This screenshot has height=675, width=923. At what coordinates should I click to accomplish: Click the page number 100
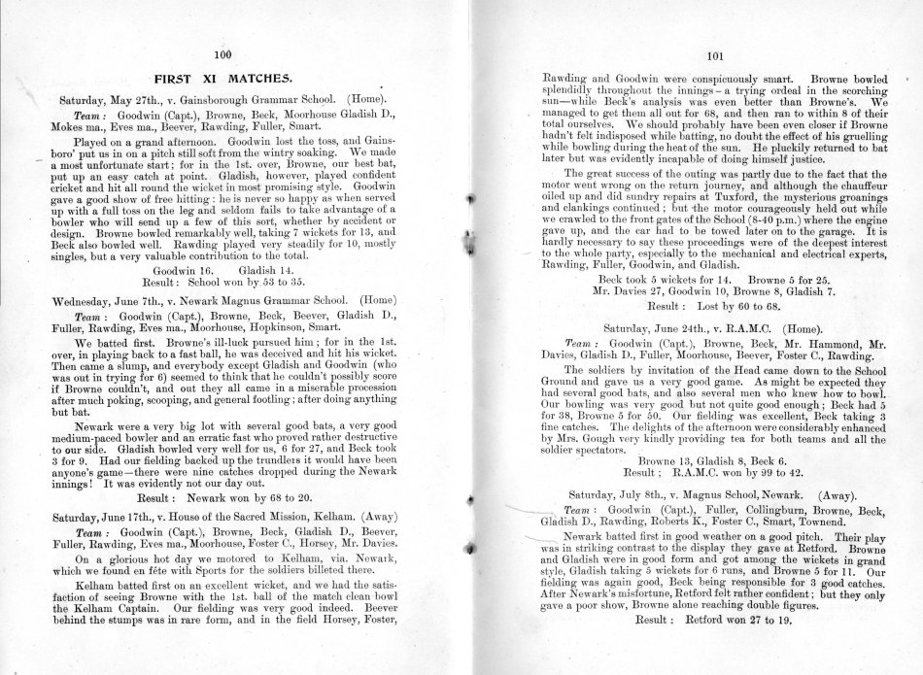point(222,53)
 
